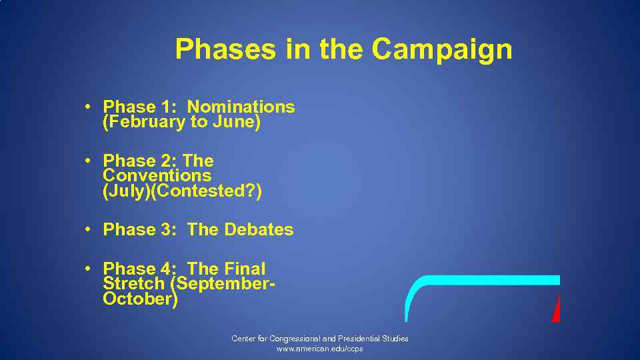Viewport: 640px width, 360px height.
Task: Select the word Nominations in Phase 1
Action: [241, 107]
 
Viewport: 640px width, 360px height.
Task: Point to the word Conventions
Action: [157, 176]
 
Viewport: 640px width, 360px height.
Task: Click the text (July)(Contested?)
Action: [182, 192]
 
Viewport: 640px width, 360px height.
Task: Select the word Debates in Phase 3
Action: [259, 230]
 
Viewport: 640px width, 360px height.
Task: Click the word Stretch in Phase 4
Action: [133, 284]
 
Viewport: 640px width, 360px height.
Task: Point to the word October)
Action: [140, 299]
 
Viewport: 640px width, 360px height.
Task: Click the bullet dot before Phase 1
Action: [88, 107]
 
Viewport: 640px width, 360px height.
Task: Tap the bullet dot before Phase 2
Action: [88, 161]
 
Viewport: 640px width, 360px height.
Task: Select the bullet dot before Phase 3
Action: [88, 229]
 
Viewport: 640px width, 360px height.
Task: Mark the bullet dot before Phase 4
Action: [88, 269]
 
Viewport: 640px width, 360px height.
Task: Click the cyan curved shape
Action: [480, 280]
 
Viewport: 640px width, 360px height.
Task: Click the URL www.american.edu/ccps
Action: [320, 349]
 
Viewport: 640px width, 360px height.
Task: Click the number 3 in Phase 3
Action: [167, 230]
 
